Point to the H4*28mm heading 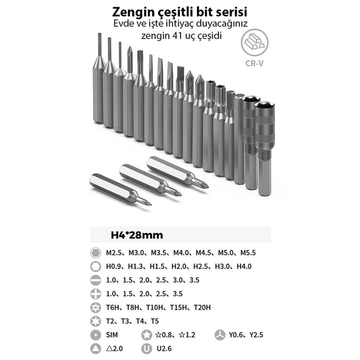pyautogui.click(x=137, y=234)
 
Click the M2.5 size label pyautogui.click(x=115, y=253)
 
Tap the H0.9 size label pyautogui.click(x=115, y=266)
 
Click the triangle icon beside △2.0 pyautogui.click(x=95, y=348)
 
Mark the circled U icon pyautogui.click(x=147, y=348)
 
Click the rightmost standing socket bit pyautogui.click(x=264, y=149)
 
